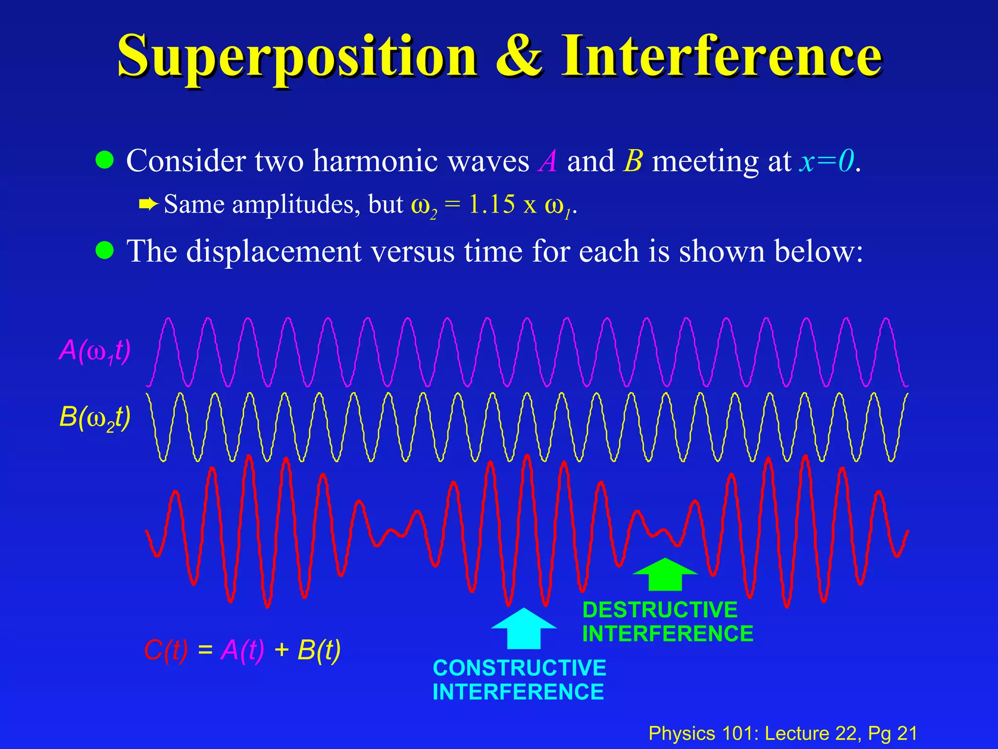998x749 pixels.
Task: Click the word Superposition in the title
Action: click(x=297, y=58)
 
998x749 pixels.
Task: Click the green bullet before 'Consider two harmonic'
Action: click(x=105, y=160)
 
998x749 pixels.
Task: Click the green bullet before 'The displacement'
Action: click(x=105, y=251)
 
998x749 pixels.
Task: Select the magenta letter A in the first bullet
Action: click(x=548, y=161)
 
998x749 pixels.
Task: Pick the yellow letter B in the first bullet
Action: click(x=633, y=161)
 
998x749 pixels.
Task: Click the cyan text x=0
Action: click(x=826, y=161)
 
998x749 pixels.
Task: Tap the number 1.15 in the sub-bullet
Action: click(x=491, y=204)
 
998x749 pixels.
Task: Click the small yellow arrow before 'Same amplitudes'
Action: click(x=148, y=203)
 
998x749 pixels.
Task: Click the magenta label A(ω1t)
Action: click(x=95, y=350)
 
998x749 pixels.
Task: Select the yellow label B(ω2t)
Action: click(x=95, y=417)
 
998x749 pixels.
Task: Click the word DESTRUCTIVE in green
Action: click(x=660, y=610)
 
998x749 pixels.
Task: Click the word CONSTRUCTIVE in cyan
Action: click(x=519, y=668)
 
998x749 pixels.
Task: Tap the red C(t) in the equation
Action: click(x=166, y=650)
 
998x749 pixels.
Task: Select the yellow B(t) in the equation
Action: click(x=319, y=650)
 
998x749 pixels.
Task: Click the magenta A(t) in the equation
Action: click(x=242, y=650)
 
